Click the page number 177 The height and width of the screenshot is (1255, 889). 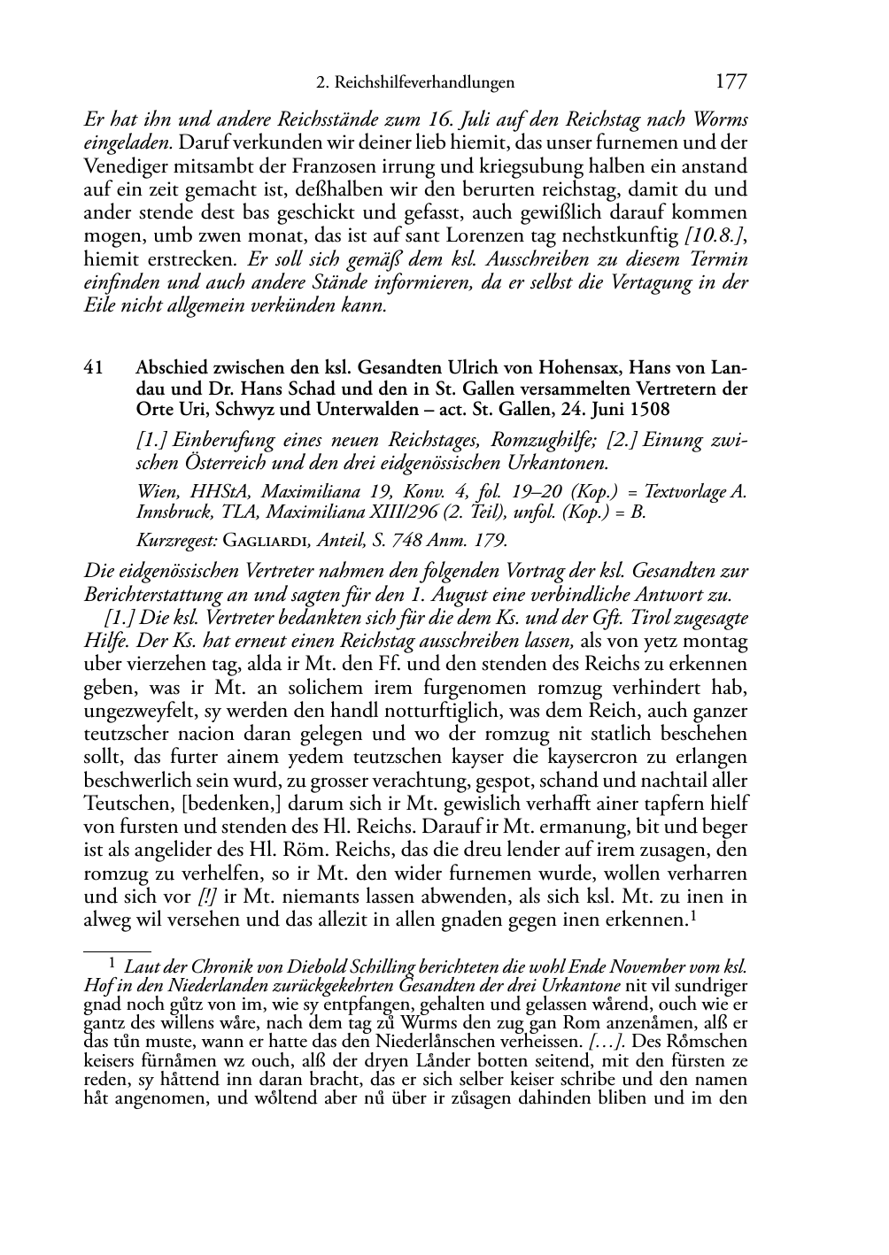click(731, 82)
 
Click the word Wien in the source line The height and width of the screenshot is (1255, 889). click(156, 492)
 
